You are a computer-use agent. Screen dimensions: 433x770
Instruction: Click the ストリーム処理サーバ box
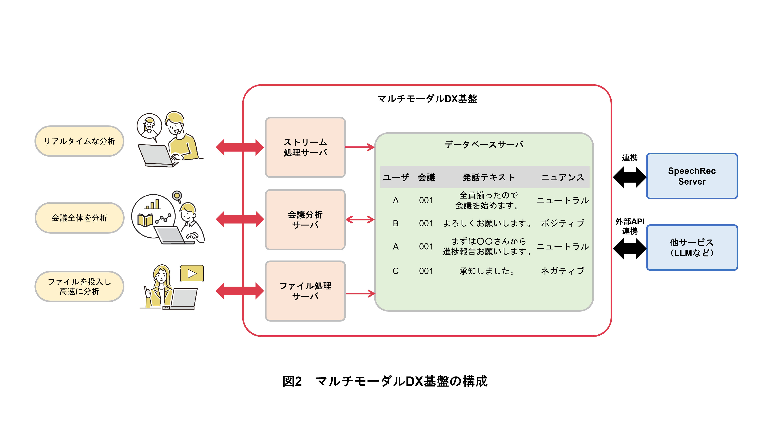305,147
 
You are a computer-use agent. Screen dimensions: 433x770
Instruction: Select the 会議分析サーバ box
305,220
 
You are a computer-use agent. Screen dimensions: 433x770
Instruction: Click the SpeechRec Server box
691,176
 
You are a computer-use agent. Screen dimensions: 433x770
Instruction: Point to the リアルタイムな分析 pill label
79,141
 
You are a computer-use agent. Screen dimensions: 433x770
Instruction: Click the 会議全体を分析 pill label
79,218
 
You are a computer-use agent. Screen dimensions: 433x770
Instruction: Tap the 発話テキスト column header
488,178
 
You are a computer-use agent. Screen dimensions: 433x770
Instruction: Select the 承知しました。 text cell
487,271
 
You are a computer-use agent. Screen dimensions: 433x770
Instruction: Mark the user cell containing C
395,271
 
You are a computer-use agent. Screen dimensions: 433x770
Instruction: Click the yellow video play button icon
192,273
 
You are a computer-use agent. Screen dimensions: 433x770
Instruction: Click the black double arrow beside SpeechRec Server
629,177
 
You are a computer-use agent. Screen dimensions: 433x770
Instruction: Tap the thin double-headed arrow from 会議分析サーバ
360,220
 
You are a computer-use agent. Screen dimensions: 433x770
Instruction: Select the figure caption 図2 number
292,381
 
